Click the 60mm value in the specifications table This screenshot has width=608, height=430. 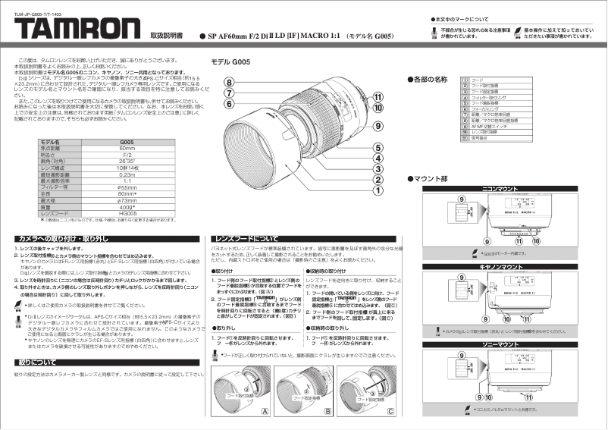tap(127, 148)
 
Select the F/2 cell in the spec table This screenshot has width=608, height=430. tap(127, 154)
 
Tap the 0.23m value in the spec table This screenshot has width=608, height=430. tap(127, 174)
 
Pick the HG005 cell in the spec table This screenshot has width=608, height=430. tap(127, 213)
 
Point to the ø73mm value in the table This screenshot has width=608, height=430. tap(127, 200)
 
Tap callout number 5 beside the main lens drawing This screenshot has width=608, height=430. tap(377, 148)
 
